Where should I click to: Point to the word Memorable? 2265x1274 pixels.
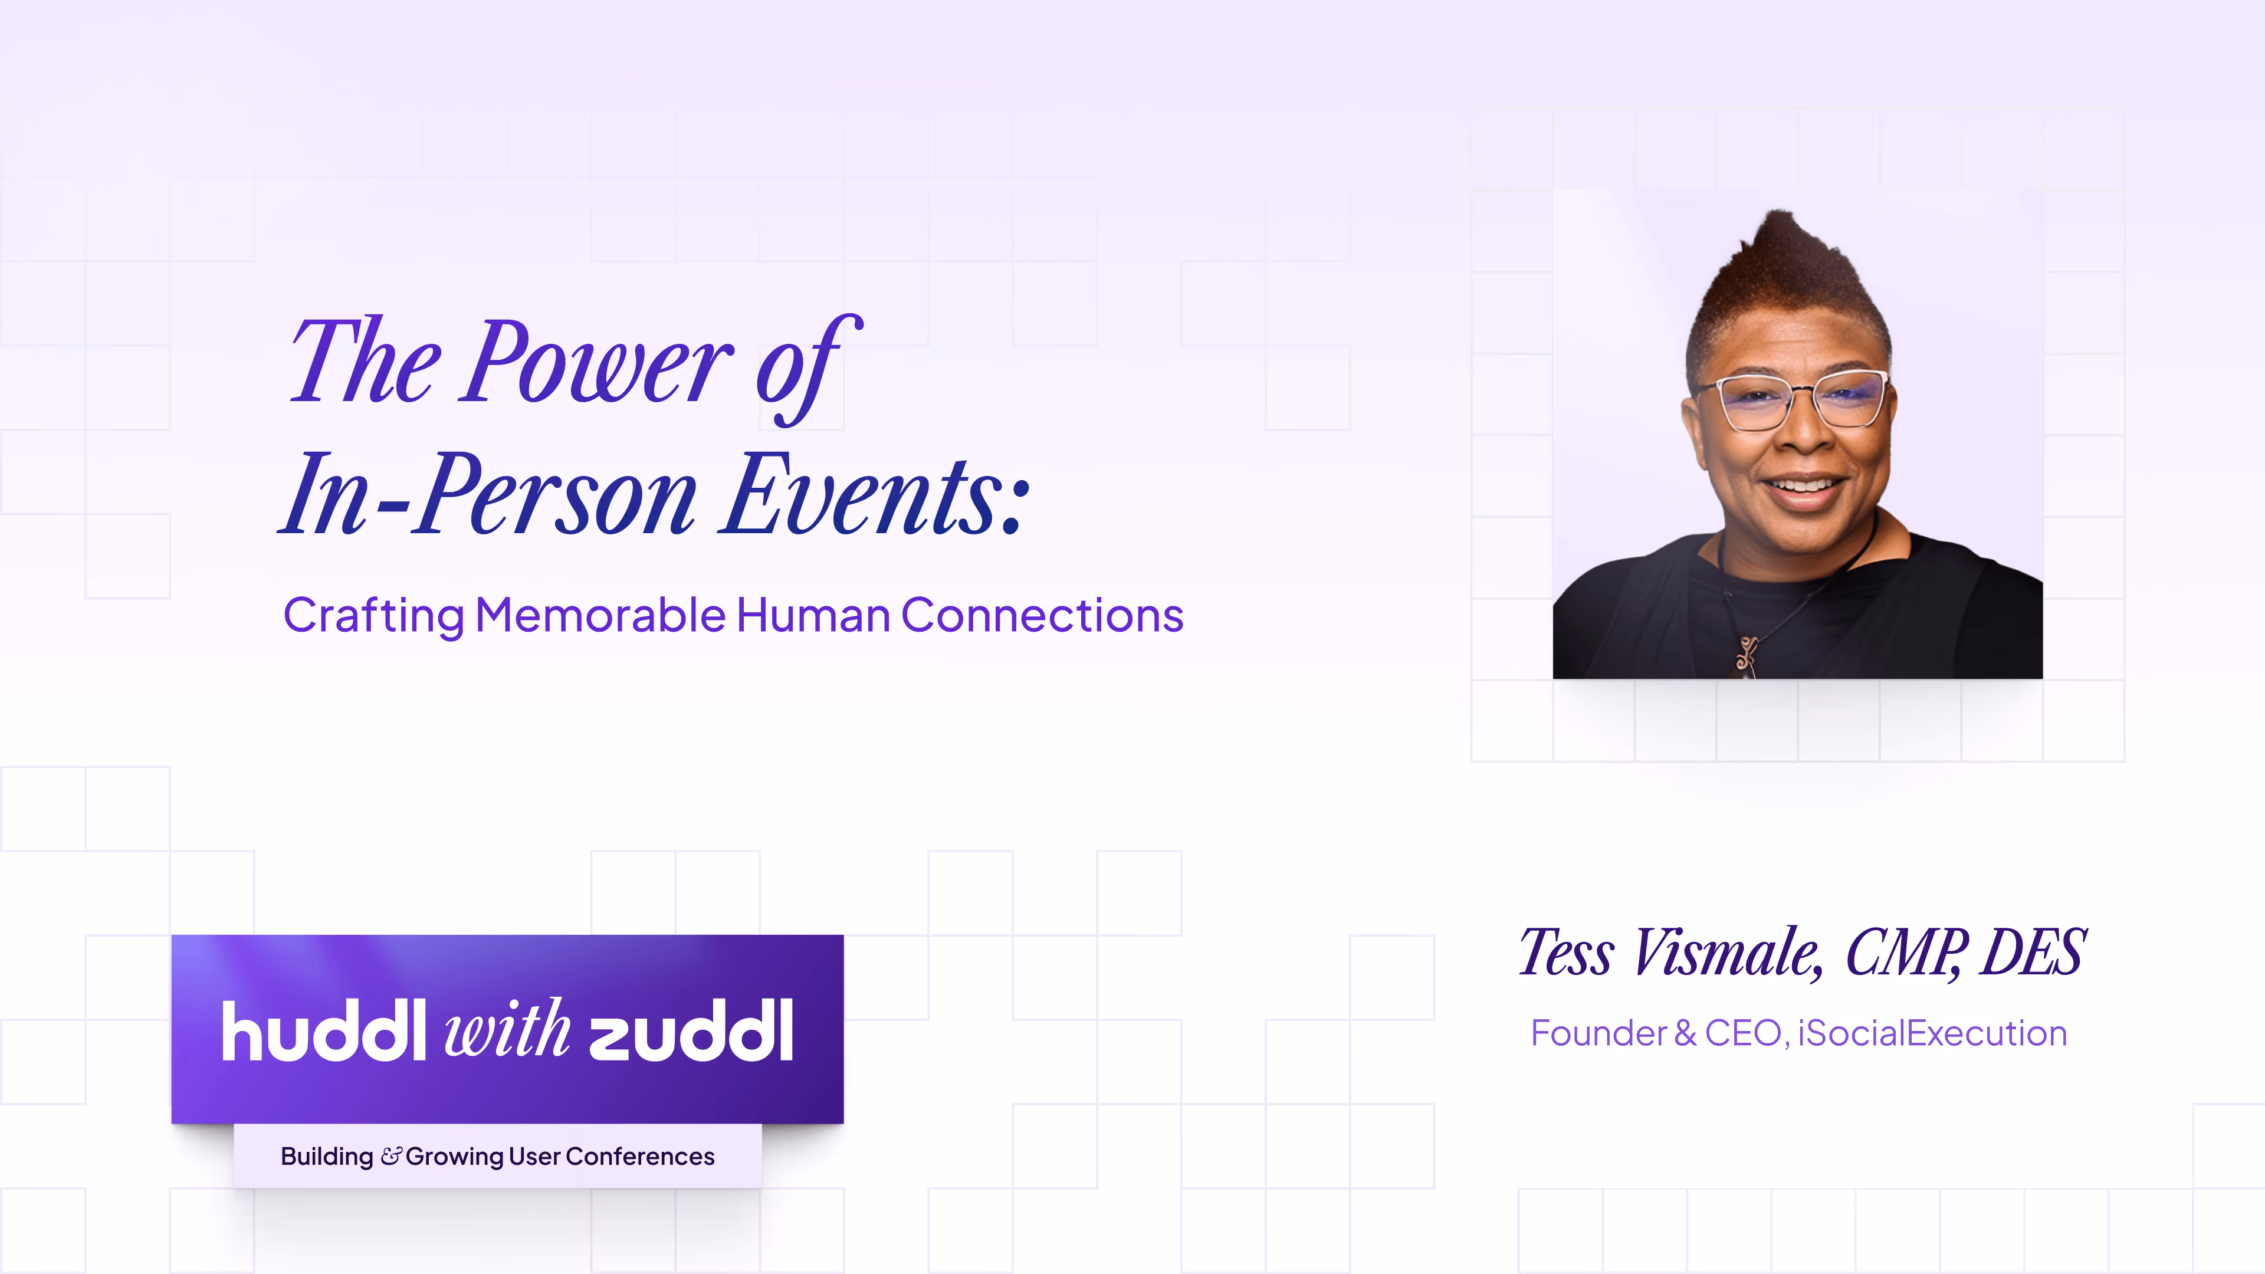coord(600,615)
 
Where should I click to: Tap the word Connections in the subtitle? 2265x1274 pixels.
coord(1042,615)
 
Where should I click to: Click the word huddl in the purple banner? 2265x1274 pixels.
coord(324,1030)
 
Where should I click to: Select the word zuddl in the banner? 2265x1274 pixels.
coord(691,1030)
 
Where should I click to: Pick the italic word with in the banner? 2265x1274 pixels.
coord(507,1028)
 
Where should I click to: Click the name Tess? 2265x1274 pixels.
coord(1567,952)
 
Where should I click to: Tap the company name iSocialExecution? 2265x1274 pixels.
coord(1933,1033)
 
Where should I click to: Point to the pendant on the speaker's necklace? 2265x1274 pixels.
coord(1746,656)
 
